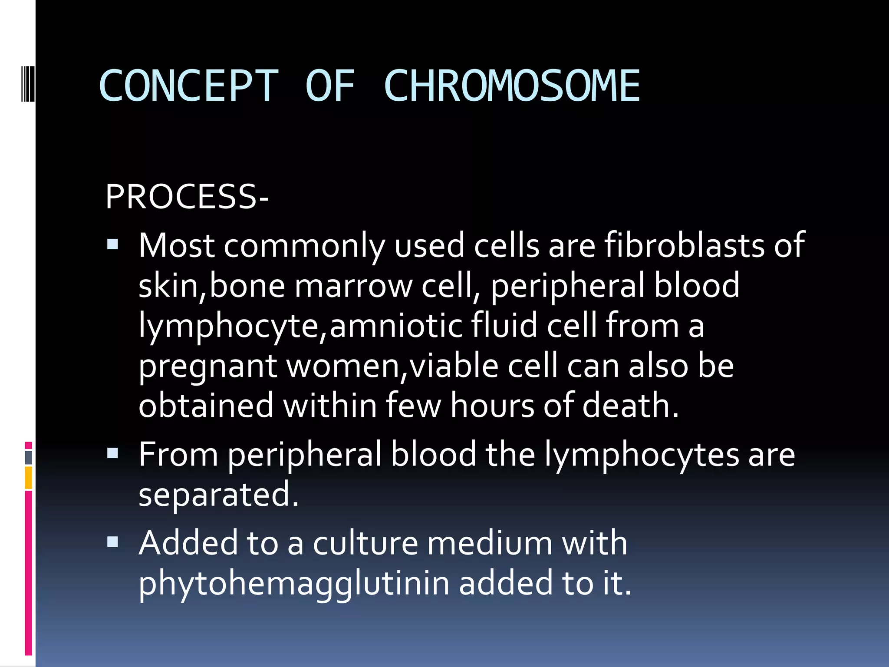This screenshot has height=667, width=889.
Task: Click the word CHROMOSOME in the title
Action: pos(512,86)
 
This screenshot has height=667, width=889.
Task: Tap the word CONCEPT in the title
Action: pos(188,86)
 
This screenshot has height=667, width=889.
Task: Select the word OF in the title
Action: pos(330,86)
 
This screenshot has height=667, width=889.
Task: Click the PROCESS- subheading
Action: pos(187,197)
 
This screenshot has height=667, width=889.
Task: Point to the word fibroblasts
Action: pos(684,245)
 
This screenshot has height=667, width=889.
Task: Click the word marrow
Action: pos(353,286)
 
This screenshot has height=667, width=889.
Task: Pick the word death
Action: pos(630,405)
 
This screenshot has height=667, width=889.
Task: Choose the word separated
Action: pos(218,495)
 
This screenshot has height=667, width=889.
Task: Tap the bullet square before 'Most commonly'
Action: pos(112,244)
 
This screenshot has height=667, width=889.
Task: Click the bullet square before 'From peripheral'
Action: pos(112,453)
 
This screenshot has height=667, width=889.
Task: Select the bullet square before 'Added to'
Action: pos(112,542)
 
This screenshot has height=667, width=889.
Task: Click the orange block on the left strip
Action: pos(29,478)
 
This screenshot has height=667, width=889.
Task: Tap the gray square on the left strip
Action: pos(29,458)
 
